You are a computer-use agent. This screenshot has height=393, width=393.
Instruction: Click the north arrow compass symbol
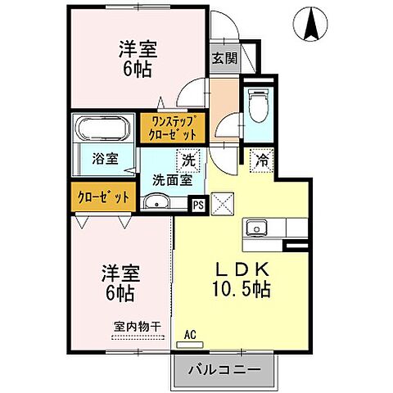(x=312, y=23)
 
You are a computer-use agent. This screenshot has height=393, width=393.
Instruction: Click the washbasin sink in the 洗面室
(x=158, y=203)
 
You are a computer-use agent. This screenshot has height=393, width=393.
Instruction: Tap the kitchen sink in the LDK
(x=255, y=227)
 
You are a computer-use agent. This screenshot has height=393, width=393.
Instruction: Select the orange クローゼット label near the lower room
(x=103, y=196)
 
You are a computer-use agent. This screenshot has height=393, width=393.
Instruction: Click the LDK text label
(x=245, y=269)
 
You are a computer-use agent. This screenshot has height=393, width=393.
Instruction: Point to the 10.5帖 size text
(x=245, y=289)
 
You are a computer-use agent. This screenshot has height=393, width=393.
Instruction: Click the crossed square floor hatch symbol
(x=221, y=202)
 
